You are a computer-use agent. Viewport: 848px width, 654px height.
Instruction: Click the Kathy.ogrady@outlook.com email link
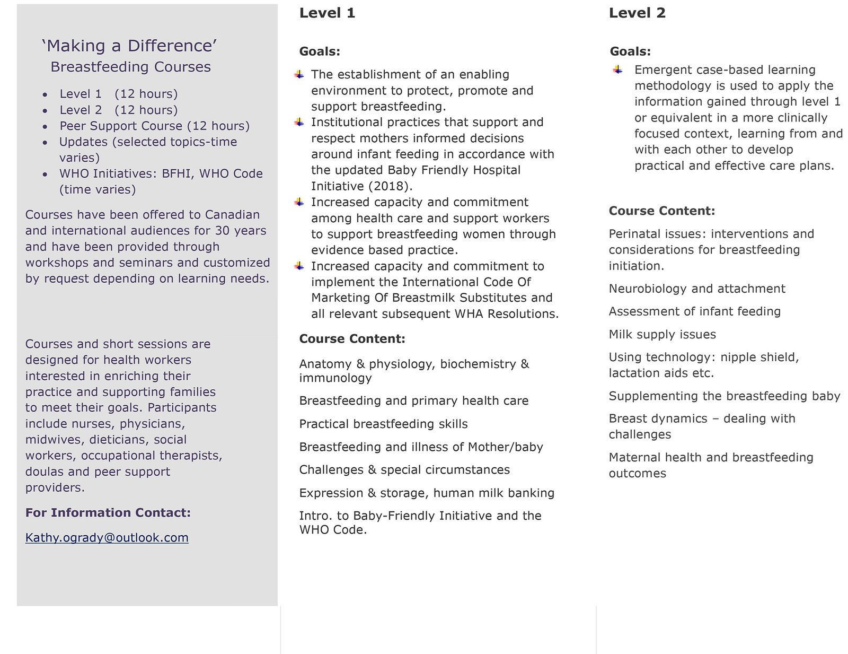[x=107, y=537]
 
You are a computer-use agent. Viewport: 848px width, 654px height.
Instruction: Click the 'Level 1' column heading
[x=327, y=13]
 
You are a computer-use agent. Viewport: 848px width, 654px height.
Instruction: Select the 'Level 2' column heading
[x=637, y=13]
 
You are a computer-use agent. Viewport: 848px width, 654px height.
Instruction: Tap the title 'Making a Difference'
[x=129, y=46]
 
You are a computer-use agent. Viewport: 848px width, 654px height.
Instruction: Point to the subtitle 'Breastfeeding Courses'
[x=130, y=67]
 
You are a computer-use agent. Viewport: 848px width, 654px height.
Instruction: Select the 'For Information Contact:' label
[x=108, y=512]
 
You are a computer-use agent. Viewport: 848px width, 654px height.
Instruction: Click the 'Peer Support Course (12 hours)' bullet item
[x=154, y=126]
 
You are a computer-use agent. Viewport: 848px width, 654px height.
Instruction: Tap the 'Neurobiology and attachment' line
[x=696, y=289]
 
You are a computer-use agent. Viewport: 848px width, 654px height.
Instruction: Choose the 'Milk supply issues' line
[x=662, y=334]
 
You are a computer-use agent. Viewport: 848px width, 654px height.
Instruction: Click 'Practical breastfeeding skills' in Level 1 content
[x=383, y=424]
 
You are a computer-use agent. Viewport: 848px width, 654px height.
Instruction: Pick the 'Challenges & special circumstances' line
[x=404, y=469]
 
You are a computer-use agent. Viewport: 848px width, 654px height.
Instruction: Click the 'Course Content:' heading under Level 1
[x=352, y=338]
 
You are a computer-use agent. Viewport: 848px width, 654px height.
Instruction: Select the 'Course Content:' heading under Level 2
[x=661, y=211]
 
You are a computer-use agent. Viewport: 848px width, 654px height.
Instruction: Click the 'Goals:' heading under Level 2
[x=630, y=51]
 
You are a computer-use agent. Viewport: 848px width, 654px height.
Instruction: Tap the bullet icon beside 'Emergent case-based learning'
[x=617, y=69]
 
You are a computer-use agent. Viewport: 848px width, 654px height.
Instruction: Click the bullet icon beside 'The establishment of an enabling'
[x=299, y=74]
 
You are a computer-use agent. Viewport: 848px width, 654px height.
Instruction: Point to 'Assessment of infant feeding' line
[x=694, y=311]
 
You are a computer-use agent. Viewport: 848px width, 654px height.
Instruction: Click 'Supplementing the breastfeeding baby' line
[x=724, y=396]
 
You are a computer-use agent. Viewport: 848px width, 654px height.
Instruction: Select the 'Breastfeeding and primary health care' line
[x=413, y=400]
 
